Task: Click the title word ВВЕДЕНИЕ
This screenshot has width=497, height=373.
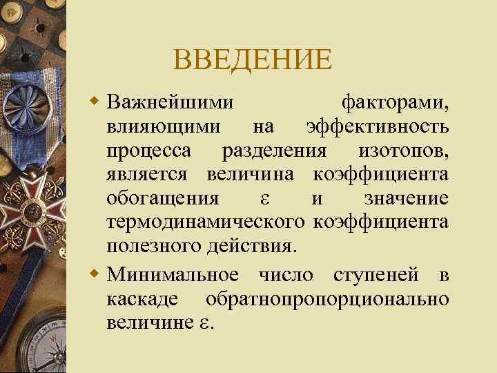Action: point(253,59)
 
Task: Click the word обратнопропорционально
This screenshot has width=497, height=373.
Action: point(327,299)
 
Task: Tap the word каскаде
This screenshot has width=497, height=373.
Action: point(141,299)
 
